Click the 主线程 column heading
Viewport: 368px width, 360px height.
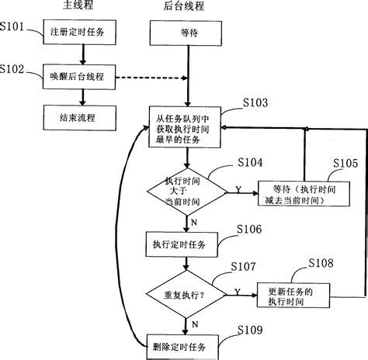[76, 7]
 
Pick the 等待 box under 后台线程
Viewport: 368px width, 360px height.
[186, 35]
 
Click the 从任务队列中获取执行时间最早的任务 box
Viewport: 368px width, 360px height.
[186, 127]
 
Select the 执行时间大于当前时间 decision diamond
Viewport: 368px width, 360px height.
[186, 190]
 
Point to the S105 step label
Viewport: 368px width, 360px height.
[347, 164]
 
